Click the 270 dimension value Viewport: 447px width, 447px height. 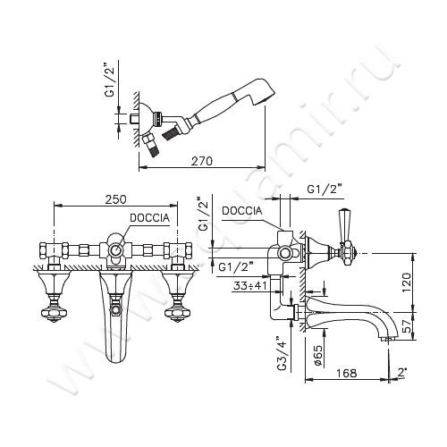[x=202, y=161]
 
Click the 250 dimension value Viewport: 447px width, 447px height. [x=115, y=199]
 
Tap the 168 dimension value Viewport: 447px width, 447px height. [x=347, y=373]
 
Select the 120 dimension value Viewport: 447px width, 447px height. [x=407, y=283]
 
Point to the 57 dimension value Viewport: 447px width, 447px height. [x=407, y=325]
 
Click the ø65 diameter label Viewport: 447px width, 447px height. [x=317, y=356]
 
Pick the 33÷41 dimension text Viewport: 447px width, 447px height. [x=250, y=286]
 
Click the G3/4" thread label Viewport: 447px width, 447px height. [x=283, y=354]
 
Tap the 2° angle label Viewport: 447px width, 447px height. [x=402, y=372]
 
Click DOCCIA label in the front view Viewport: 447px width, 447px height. [x=149, y=218]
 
